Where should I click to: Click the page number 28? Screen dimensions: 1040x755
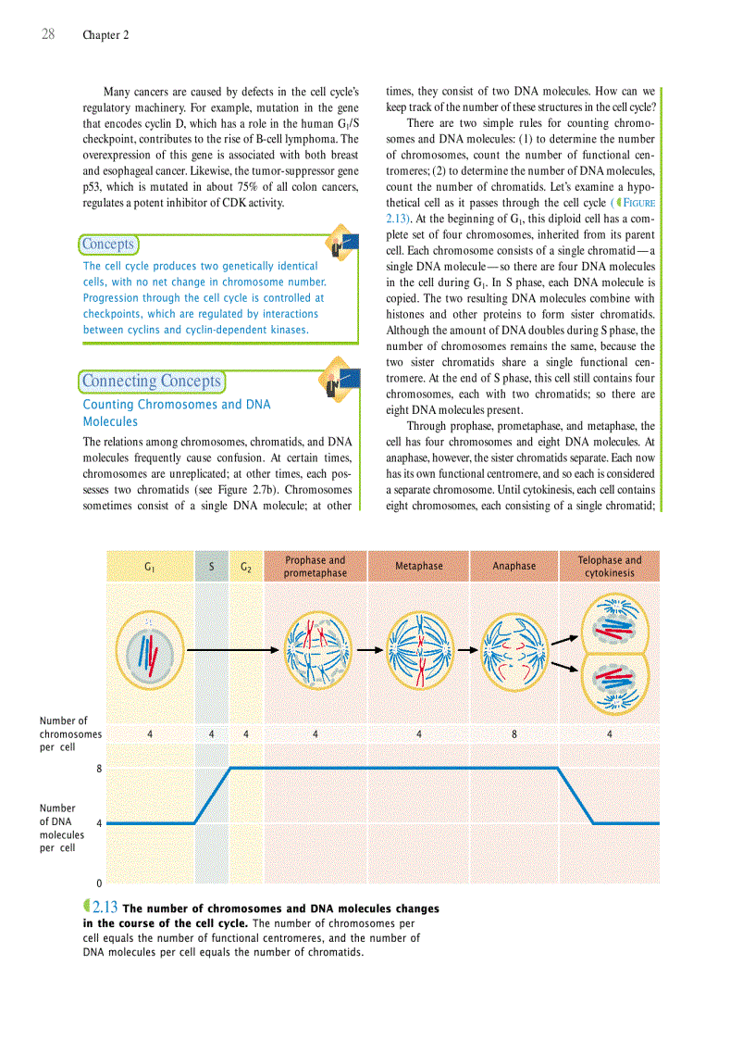pos(48,34)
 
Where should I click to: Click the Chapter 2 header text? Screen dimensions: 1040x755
pos(105,35)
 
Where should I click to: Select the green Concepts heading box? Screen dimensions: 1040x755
pos(108,244)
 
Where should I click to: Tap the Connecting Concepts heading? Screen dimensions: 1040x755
pos(152,381)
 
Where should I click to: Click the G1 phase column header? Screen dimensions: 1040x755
pos(150,566)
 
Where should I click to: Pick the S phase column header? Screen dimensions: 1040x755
pos(212,566)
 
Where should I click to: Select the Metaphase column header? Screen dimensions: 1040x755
pos(418,566)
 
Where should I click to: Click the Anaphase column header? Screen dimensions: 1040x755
pos(514,566)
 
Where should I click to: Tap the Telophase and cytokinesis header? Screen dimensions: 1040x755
pos(609,566)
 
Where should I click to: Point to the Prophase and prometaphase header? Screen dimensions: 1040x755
pos(316,566)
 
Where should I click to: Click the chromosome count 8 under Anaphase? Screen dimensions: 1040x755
pos(514,733)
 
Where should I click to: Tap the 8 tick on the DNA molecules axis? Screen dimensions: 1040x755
pos(99,768)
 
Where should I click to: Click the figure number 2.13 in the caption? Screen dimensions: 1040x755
pos(105,908)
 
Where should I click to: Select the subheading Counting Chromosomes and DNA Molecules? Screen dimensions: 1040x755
pos(176,412)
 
